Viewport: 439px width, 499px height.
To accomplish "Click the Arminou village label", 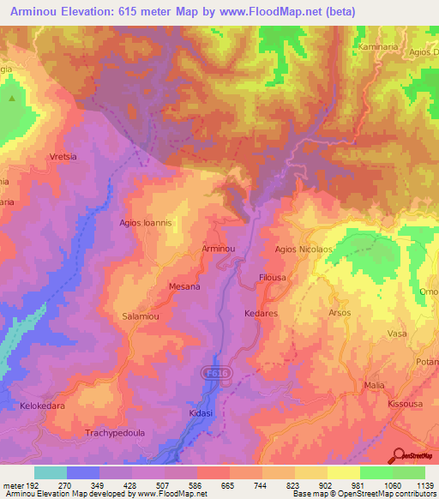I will [218, 248].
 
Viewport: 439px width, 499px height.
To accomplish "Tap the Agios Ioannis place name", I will [146, 222].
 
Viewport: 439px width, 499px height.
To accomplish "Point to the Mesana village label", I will [184, 286].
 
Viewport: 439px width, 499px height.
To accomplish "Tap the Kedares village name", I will [261, 314].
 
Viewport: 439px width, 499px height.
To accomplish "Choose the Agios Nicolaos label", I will [303, 249].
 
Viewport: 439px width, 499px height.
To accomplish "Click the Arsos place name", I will [340, 313].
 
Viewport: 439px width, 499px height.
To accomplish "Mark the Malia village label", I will [374, 386].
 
